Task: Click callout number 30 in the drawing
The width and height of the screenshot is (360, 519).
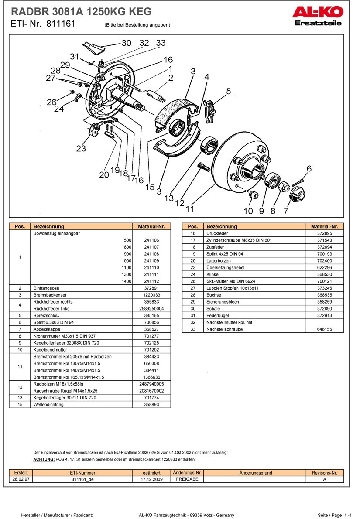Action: pos(126,43)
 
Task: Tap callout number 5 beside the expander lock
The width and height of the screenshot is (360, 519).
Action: pos(228,91)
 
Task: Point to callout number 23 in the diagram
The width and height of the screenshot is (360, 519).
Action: pos(81,148)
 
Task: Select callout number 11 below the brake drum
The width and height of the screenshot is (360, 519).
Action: pos(190,209)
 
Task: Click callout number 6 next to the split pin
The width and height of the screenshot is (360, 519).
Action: pos(309,169)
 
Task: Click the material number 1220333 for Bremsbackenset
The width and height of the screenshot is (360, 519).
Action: pos(151,295)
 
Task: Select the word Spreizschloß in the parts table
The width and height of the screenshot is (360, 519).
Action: pos(46,315)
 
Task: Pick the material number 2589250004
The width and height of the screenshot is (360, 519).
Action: pos(151,308)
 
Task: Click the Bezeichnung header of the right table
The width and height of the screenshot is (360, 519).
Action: pos(222,226)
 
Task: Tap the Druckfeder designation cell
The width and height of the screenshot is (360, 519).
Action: pos(217,233)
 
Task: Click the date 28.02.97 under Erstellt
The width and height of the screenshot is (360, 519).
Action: pos(21,479)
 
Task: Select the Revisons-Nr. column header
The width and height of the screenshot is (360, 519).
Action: pos(324,473)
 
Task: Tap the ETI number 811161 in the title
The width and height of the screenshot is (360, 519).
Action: pos(61,24)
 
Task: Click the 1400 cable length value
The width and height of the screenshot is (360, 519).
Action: pos(126,281)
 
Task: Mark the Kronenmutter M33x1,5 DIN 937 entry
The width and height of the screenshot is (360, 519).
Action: pos(64,336)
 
